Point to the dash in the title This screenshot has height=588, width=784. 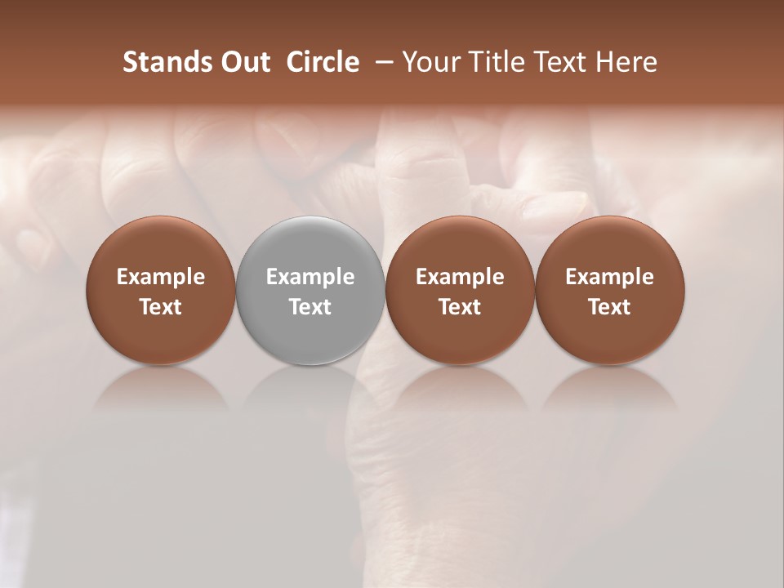pos(381,62)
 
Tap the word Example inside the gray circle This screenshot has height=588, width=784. pos(310,277)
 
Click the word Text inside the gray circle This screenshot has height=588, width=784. pos(310,307)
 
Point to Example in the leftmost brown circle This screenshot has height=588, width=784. pos(161,277)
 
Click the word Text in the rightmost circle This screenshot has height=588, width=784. pos(610,307)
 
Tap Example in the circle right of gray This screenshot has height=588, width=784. pos(460,277)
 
